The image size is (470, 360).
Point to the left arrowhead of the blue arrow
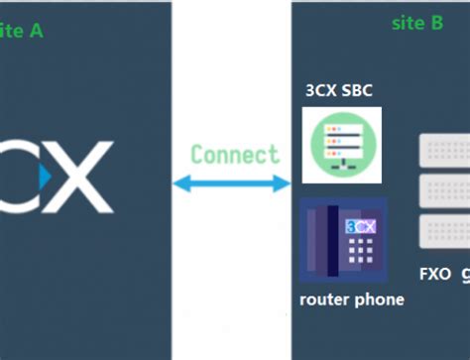tap(180, 183)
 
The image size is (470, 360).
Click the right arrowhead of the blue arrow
tap(286, 183)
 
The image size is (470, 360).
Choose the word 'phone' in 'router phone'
tap(380, 299)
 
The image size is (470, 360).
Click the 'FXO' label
tap(435, 273)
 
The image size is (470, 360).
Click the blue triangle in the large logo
tap(44, 178)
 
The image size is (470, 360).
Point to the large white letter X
tap(81, 179)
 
